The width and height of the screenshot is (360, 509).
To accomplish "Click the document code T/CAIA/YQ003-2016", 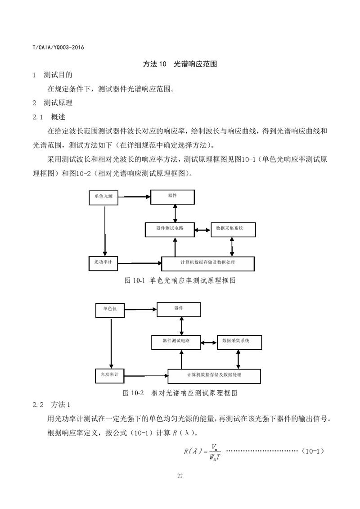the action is [58, 47].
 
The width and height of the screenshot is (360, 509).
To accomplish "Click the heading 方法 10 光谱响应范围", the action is [180, 64].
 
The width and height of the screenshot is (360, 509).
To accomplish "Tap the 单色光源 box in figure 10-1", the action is [103, 198].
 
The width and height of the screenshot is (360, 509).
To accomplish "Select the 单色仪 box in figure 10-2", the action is [110, 311].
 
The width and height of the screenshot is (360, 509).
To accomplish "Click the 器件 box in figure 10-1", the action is [172, 197].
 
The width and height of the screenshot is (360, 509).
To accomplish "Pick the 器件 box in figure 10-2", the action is [179, 310].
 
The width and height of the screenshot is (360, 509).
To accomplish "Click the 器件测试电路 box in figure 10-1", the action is [170, 230].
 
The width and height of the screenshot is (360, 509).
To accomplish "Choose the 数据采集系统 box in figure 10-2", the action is [239, 342].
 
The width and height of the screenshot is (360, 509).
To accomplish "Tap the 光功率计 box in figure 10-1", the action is [103, 263].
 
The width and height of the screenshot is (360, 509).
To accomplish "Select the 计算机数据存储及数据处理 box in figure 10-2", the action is [214, 376].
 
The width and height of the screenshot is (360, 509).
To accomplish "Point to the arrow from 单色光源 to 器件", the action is [135, 196].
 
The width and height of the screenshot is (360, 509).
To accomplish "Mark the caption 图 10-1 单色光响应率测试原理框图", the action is [180, 280].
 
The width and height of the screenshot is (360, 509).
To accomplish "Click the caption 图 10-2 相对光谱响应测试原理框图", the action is [180, 393].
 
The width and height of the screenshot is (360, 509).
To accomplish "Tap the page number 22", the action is [180, 476].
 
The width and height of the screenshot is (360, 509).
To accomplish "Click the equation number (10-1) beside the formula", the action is [313, 451].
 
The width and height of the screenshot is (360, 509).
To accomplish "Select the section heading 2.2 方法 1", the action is [51, 405].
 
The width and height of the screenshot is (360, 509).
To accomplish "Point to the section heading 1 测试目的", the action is [52, 75].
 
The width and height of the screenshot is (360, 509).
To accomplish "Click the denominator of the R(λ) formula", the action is [215, 457].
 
